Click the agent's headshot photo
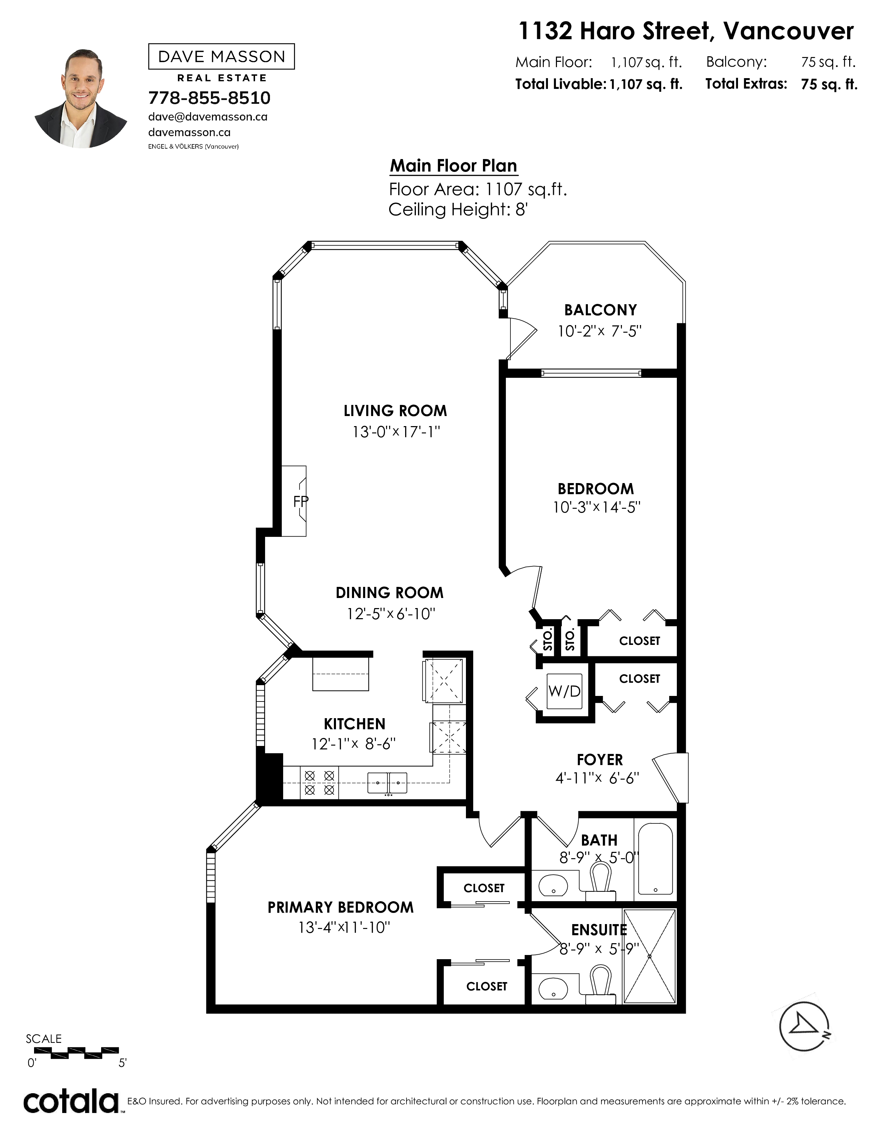pyautogui.click(x=81, y=98)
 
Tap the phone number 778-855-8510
pyautogui.click(x=210, y=98)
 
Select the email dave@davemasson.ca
pyautogui.click(x=208, y=117)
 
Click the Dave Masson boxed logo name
pyautogui.click(x=222, y=57)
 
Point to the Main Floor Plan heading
pyautogui.click(x=453, y=166)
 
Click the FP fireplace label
pyautogui.click(x=301, y=502)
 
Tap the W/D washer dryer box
pyautogui.click(x=564, y=691)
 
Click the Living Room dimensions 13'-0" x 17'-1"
pyautogui.click(x=396, y=432)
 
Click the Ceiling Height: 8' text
pyautogui.click(x=458, y=210)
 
